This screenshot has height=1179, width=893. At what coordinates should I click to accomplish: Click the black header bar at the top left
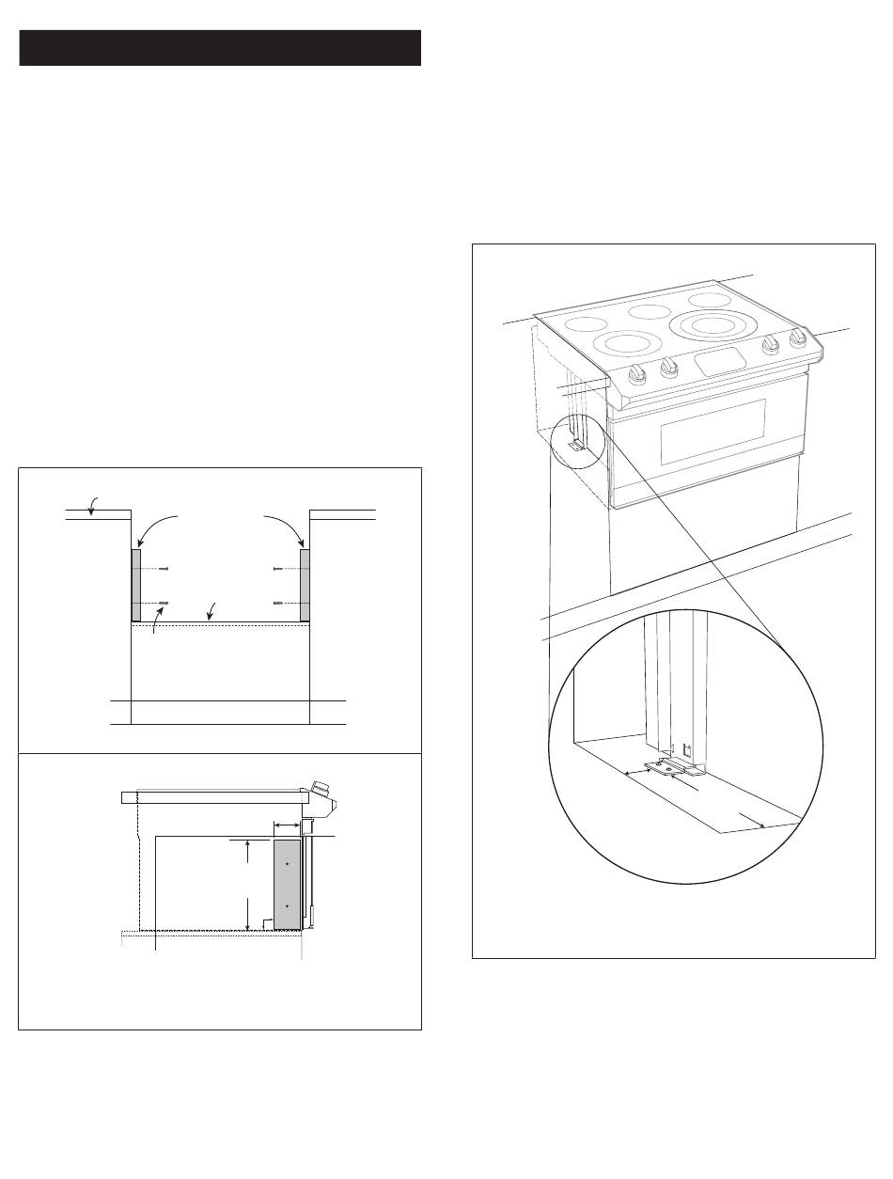tap(219, 48)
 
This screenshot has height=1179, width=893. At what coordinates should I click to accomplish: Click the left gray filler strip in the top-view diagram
tap(136, 585)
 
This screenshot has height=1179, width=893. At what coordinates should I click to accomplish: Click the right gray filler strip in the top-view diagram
tap(305, 585)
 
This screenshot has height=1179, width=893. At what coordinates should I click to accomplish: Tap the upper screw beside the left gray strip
tap(164, 569)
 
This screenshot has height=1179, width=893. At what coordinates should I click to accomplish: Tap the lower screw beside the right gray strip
tap(278, 602)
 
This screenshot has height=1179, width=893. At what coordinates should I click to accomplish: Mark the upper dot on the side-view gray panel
tap(287, 861)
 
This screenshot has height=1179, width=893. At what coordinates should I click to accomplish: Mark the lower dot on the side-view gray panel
tap(287, 906)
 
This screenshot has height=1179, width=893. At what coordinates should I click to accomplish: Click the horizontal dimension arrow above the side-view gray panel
tap(286, 824)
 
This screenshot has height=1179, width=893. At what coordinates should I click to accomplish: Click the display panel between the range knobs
tap(720, 358)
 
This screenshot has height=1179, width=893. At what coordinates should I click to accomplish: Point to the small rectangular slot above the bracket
tap(686, 749)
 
